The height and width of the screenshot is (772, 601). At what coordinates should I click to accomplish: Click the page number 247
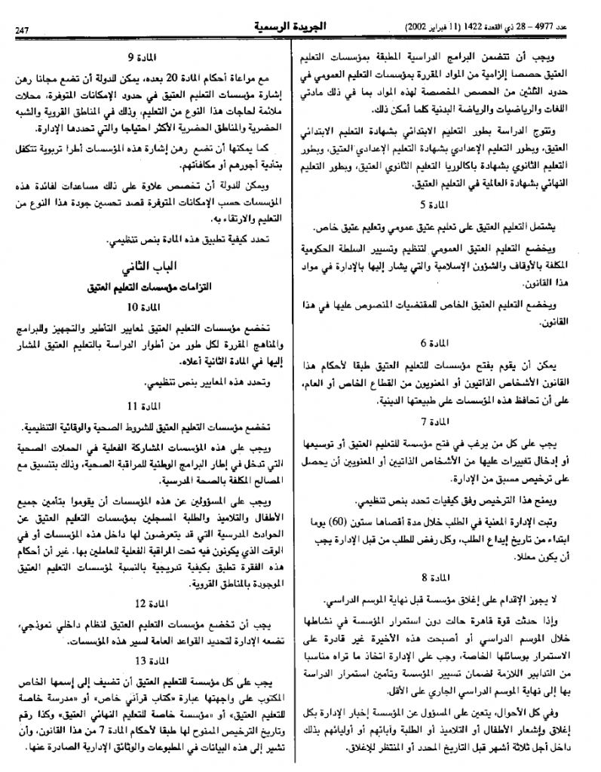pyautogui.click(x=20, y=29)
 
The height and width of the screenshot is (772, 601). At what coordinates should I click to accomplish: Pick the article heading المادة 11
pyautogui.click(x=143, y=406)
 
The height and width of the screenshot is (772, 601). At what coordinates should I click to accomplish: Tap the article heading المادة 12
pyautogui.click(x=143, y=604)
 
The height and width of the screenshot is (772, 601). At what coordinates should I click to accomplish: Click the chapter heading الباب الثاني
pyautogui.click(x=143, y=268)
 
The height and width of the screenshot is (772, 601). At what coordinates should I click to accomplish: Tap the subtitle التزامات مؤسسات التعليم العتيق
pyautogui.click(x=143, y=286)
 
